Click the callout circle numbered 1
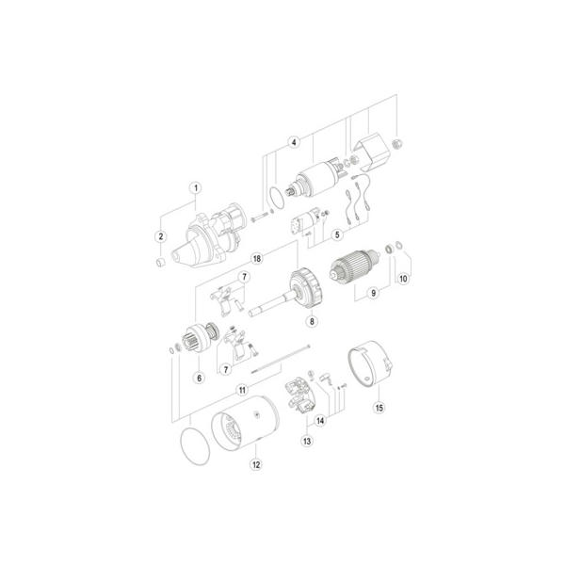(196, 188)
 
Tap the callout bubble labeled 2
(161, 236)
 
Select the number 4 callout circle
(294, 142)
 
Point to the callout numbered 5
(337, 234)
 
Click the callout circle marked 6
(200, 378)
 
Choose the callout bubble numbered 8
(312, 321)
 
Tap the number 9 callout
(373, 293)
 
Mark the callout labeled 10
(403, 278)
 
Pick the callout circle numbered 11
(242, 390)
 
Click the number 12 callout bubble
(256, 464)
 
